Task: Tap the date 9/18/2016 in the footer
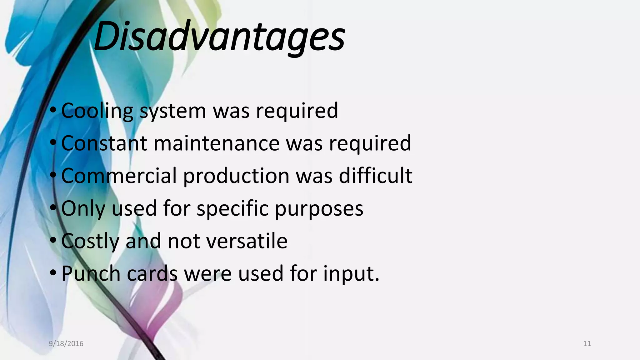pyautogui.click(x=66, y=344)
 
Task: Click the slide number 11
pyautogui.click(x=587, y=344)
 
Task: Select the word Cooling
pyautogui.click(x=97, y=111)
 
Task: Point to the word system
pyautogui.click(x=172, y=111)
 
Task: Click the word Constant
pyautogui.click(x=104, y=143)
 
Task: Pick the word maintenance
pyautogui.click(x=217, y=143)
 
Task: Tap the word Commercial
pyautogui.click(x=119, y=176)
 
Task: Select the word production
pyautogui.click(x=236, y=176)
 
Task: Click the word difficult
pyautogui.click(x=376, y=176)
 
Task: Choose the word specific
pyautogui.click(x=232, y=208)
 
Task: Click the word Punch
pyautogui.click(x=91, y=273)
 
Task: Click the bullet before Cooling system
pyautogui.click(x=53, y=110)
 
